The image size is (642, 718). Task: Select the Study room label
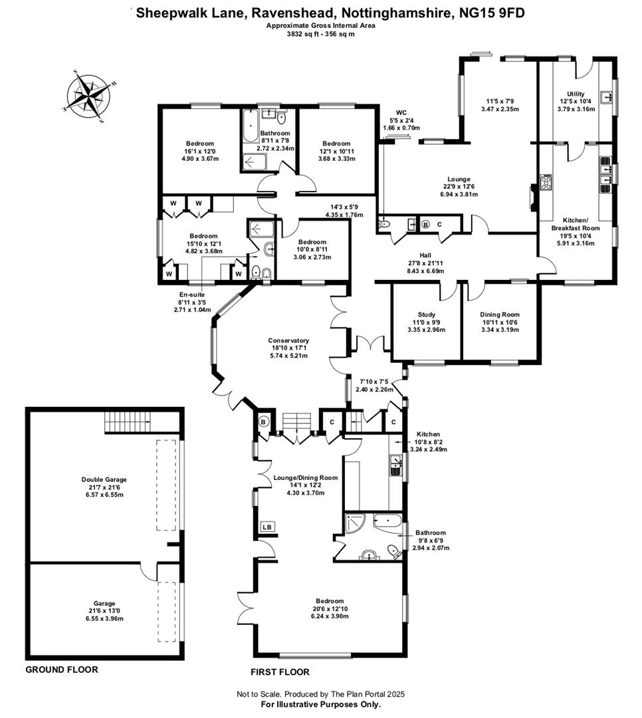426,314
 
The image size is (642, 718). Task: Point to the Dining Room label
500,314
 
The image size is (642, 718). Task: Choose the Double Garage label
104,479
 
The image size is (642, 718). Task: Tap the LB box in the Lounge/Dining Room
267,527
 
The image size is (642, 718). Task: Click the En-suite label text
192,295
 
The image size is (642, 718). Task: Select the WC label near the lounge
401,112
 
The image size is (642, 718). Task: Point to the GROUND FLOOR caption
62,669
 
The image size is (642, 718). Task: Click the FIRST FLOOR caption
280,671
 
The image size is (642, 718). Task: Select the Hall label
425,255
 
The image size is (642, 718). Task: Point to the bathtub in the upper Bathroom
250,126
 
